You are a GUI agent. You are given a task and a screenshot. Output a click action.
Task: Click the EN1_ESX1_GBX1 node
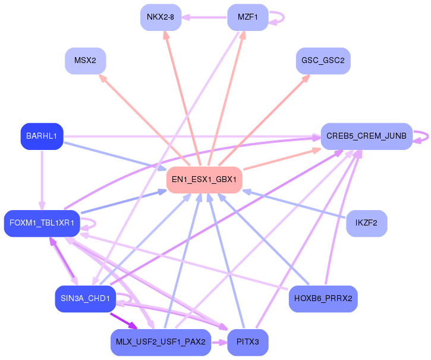204,180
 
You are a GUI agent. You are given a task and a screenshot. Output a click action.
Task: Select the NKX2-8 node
161,17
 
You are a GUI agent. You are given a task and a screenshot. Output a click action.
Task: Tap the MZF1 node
247,17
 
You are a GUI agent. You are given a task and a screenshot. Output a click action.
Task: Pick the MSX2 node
85,61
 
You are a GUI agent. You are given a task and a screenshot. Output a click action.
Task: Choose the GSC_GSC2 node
323,61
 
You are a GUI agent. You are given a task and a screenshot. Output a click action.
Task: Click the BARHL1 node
42,136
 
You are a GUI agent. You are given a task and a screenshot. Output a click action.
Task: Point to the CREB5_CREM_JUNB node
366,136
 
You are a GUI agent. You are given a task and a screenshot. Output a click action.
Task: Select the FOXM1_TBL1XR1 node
42,223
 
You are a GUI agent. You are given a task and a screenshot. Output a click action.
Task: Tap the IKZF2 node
366,223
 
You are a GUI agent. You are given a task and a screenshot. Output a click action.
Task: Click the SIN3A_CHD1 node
85,299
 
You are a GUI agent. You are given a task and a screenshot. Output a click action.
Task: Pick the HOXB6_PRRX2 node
323,299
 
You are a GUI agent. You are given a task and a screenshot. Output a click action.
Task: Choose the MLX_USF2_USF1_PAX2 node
161,342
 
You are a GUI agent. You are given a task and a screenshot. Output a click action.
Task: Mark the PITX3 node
247,342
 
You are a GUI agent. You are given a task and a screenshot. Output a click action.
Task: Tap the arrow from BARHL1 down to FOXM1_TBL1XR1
42,179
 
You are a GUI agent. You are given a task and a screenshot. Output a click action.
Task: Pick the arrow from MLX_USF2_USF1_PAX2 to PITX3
219,342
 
